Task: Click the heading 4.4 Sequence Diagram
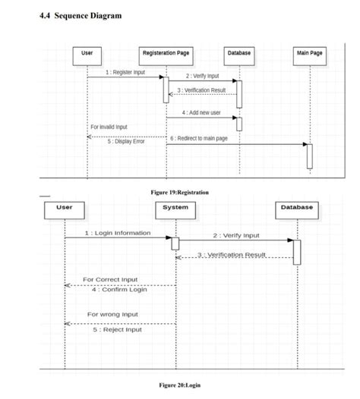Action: pyautogui.click(x=80, y=16)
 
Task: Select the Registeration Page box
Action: pyautogui.click(x=166, y=53)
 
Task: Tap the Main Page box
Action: pyautogui.click(x=309, y=53)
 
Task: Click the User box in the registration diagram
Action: pyautogui.click(x=87, y=53)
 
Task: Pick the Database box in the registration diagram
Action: pyautogui.click(x=239, y=53)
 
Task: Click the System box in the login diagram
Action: pyautogui.click(x=175, y=207)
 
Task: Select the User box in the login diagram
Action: pyautogui.click(x=65, y=207)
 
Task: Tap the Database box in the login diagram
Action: pyautogui.click(x=296, y=207)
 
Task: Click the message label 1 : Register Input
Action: pyautogui.click(x=126, y=72)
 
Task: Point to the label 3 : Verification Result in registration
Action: pyautogui.click(x=201, y=90)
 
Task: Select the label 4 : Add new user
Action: pyautogui.click(x=201, y=112)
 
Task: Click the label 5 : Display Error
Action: pyautogui.click(x=126, y=141)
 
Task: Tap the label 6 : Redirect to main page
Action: pyautogui.click(x=199, y=139)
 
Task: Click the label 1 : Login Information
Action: pyautogui.click(x=118, y=233)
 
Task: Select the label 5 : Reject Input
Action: pyautogui.click(x=117, y=329)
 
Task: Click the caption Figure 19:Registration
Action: pyautogui.click(x=180, y=193)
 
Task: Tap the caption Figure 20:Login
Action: pyautogui.click(x=180, y=385)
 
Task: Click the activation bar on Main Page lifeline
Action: pyautogui.click(x=309, y=156)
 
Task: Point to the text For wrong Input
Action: pyautogui.click(x=112, y=314)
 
